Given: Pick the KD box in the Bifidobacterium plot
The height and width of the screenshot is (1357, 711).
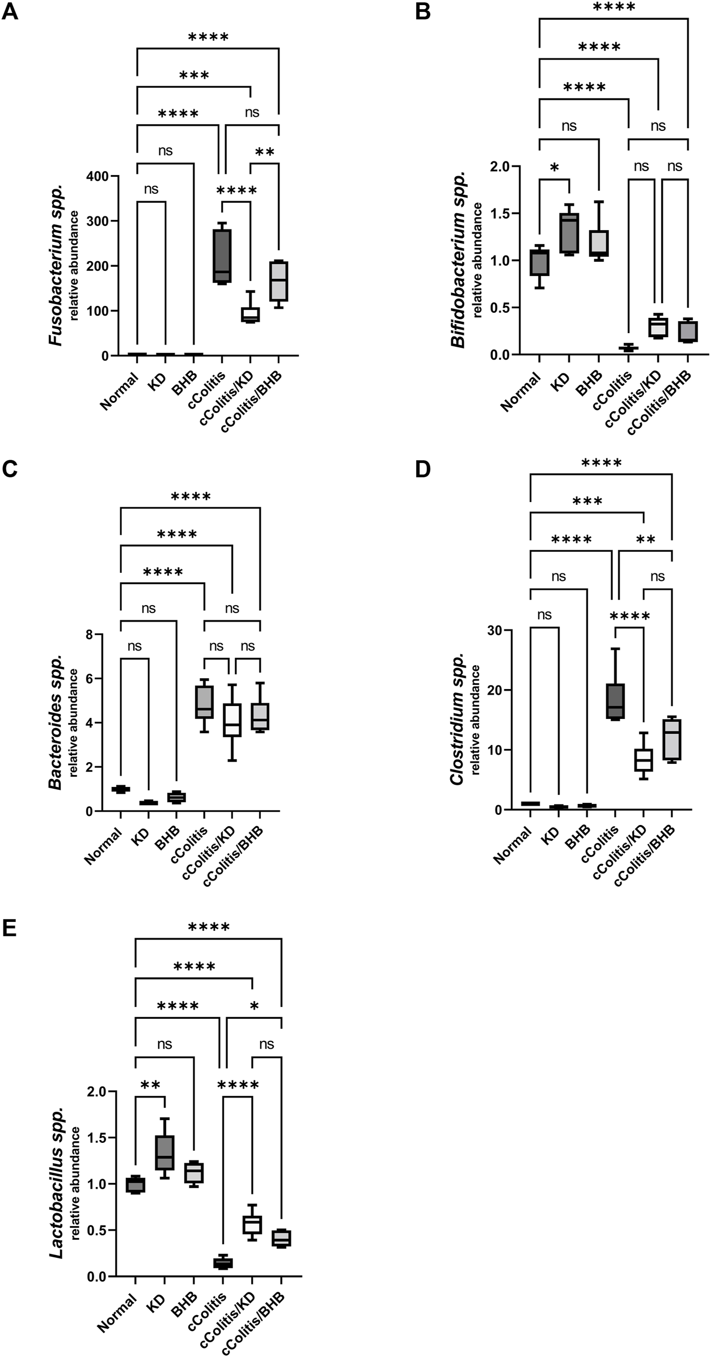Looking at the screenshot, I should point(569,232).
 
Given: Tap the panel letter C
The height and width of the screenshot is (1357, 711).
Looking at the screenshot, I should point(10,471).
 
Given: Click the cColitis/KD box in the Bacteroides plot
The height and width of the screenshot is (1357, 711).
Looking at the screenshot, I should point(232,720).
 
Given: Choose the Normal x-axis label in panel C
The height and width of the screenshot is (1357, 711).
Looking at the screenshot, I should point(104,846).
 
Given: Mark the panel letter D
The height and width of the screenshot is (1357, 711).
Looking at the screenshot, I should point(422,471).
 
